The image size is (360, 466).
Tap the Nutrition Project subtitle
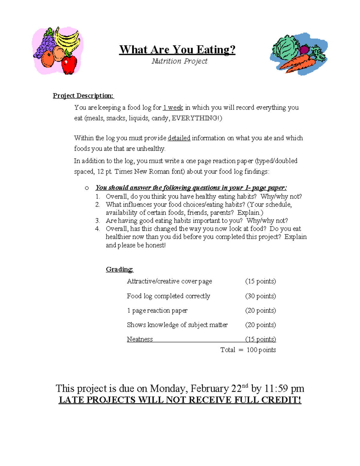click(179, 61)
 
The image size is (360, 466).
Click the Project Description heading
click(83, 96)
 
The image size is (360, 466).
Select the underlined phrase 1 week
click(173, 107)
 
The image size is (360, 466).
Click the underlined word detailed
click(179, 138)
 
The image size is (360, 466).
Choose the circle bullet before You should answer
click(87, 188)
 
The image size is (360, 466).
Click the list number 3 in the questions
click(97, 221)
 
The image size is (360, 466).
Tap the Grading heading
click(119, 269)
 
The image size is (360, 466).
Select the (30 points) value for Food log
click(260, 296)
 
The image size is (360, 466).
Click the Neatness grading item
click(140, 339)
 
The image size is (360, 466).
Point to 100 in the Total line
click(252, 350)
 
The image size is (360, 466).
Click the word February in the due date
click(210, 389)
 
